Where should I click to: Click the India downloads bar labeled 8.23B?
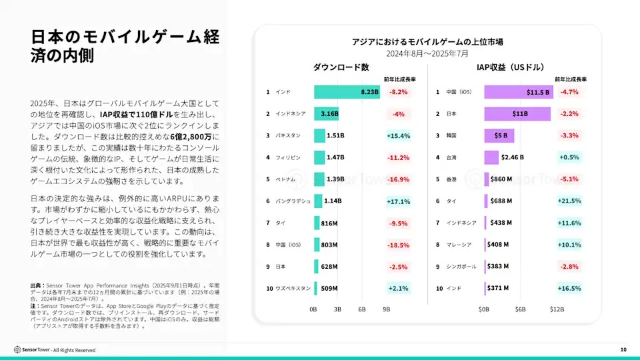click(x=347, y=92)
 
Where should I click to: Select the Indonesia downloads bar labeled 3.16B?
click(x=327, y=114)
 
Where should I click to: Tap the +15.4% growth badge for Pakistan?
click(x=398, y=135)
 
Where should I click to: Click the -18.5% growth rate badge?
click(x=398, y=245)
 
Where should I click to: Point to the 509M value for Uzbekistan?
click(x=329, y=288)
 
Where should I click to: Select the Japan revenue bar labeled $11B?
click(x=517, y=114)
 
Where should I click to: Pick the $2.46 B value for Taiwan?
click(x=512, y=157)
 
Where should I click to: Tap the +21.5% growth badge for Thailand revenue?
click(x=569, y=201)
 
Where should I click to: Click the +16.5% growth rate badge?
click(x=569, y=288)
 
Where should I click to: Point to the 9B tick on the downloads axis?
click(x=386, y=309)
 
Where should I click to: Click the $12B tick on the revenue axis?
click(x=557, y=309)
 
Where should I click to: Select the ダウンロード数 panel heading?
click(x=341, y=67)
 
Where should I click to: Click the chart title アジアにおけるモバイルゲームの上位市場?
click(x=427, y=42)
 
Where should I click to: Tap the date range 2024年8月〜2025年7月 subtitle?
click(x=427, y=53)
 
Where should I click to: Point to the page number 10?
click(x=623, y=350)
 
